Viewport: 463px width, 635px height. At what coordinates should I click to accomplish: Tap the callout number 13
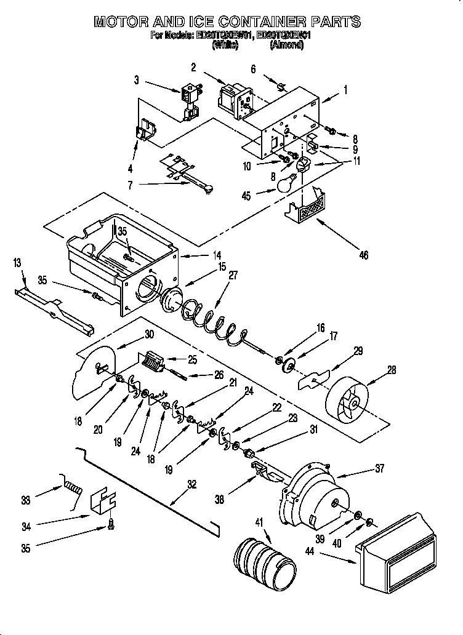tap(17, 263)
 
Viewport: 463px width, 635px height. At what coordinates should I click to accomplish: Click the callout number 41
tap(258, 522)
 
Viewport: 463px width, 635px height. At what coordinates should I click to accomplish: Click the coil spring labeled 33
tap(73, 489)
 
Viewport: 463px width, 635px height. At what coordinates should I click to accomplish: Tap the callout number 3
tap(137, 79)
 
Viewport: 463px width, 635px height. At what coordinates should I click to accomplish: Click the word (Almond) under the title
tap(286, 45)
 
